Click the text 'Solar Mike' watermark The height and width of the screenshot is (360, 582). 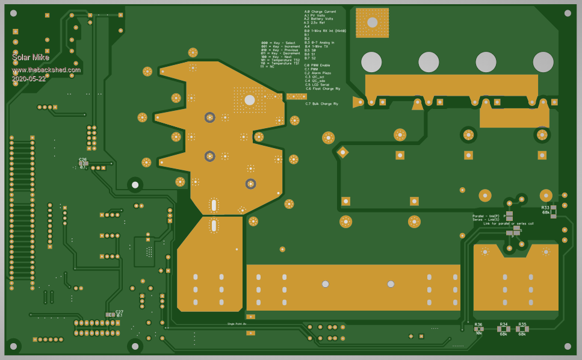click(x=31, y=57)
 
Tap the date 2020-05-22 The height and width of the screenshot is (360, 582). click(x=28, y=79)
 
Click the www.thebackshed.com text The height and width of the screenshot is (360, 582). click(x=46, y=70)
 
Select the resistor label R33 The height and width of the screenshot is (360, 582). click(x=545, y=207)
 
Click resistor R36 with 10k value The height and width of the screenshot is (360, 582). click(x=478, y=329)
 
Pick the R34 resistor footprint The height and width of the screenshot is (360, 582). click(x=503, y=329)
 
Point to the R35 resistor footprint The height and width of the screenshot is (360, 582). click(x=522, y=329)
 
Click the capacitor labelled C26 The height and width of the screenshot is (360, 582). click(x=82, y=163)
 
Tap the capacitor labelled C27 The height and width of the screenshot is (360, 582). click(x=111, y=314)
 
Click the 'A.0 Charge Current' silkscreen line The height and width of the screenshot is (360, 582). click(x=320, y=11)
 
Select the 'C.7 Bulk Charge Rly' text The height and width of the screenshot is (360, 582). click(x=323, y=104)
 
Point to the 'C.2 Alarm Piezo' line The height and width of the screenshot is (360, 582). click(x=318, y=73)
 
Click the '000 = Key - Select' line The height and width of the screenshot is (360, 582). click(x=279, y=43)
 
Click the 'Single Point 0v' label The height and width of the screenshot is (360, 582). click(x=237, y=324)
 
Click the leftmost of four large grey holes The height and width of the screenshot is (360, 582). click(x=371, y=61)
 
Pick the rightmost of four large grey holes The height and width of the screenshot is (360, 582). click(x=543, y=61)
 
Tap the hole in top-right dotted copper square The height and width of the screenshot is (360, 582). click(x=372, y=22)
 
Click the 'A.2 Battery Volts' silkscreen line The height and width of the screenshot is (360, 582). click(x=318, y=19)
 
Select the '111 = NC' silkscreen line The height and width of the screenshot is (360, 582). click(x=268, y=67)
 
